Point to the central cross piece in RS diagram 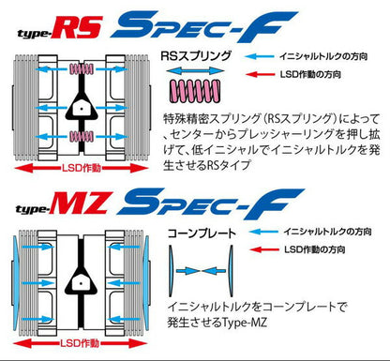click(82, 107)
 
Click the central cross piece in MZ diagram click(82, 280)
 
